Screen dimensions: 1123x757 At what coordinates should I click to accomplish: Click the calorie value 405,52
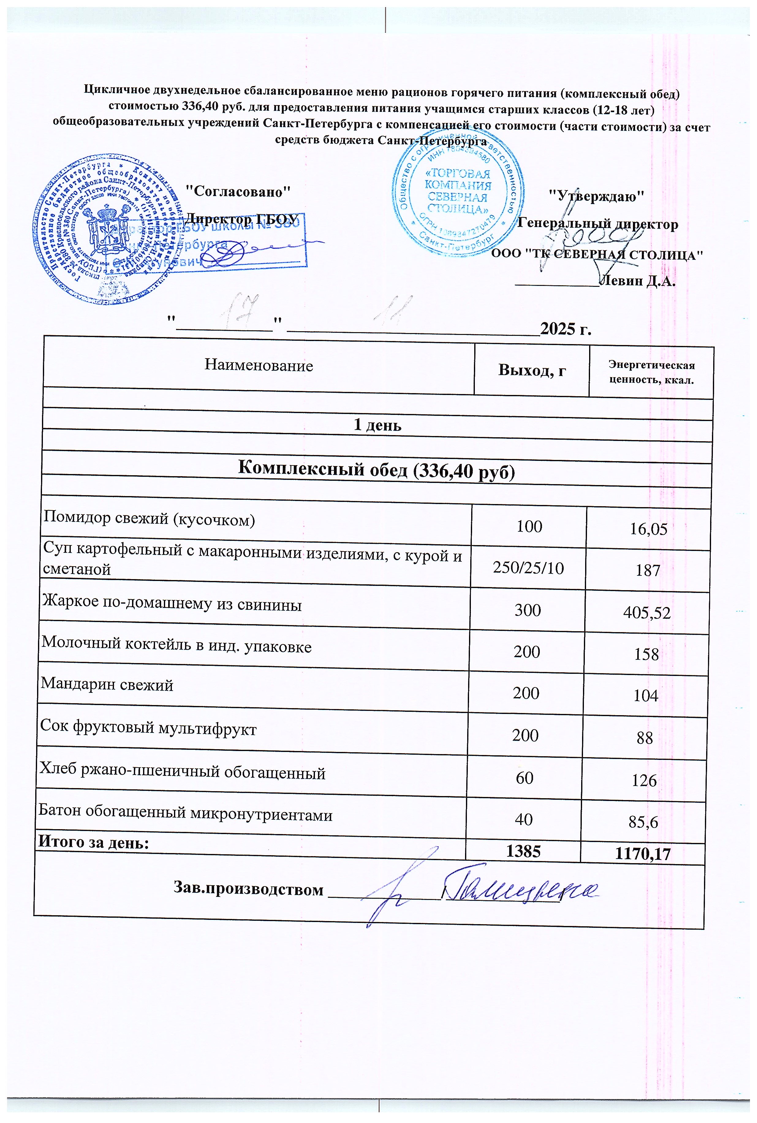click(647, 613)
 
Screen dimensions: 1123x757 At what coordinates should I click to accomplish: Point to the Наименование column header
click(259, 365)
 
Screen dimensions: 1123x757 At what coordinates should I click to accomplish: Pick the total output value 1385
click(523, 851)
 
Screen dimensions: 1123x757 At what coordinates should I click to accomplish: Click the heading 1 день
click(377, 425)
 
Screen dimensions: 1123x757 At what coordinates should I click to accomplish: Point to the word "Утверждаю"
click(597, 195)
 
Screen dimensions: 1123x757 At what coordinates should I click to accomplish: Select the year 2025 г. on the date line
click(566, 329)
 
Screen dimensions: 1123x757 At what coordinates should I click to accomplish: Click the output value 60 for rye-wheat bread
click(524, 777)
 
